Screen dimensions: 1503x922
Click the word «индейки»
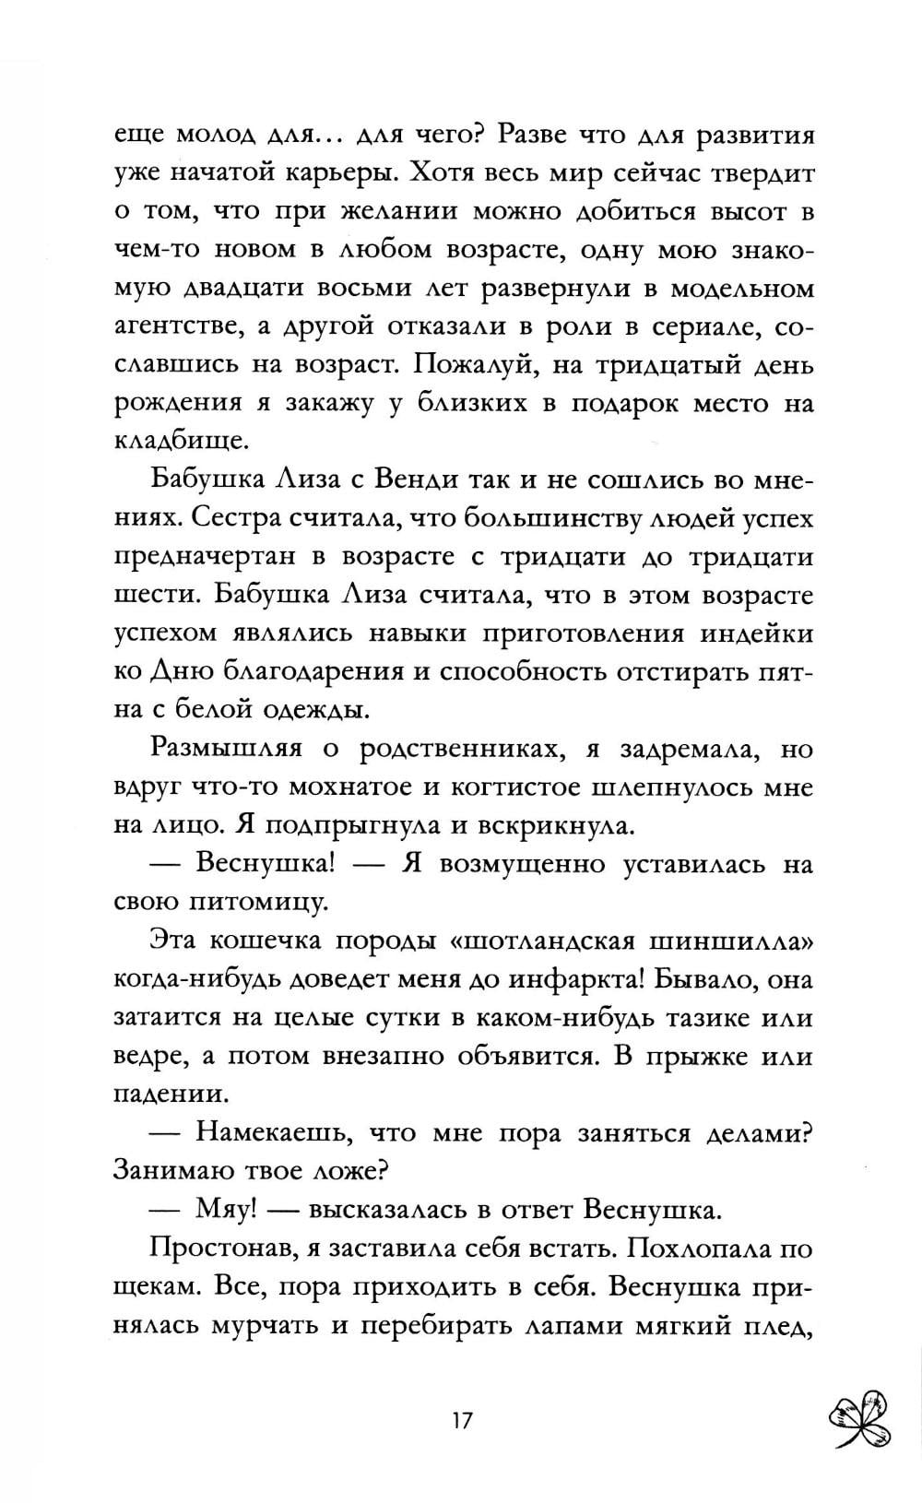pyautogui.click(x=756, y=633)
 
